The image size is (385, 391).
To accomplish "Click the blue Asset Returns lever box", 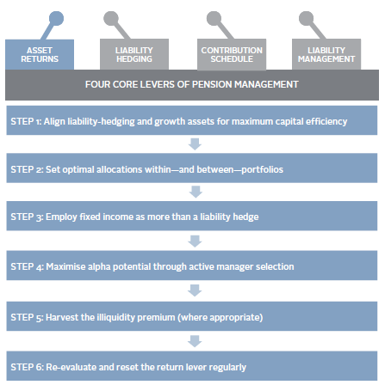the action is point(40,54).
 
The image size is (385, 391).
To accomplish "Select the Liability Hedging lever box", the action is point(134,54).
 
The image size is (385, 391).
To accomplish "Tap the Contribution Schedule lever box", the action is point(232,54).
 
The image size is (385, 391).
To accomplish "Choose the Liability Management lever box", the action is point(326,54).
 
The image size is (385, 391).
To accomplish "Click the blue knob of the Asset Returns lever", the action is point(56,18).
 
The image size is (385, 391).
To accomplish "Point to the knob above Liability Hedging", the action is point(111,18).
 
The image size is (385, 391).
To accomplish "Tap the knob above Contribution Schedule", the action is point(214,18).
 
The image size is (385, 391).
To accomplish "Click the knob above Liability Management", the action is point(307,18).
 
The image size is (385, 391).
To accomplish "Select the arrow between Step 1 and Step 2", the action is point(195,144).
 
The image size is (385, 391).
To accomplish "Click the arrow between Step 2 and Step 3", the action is point(196,192).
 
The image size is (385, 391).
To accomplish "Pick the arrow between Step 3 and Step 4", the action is point(195,241).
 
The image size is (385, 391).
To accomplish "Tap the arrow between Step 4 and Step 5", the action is point(195,290).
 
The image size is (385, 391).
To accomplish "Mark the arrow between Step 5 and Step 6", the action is point(195,341).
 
